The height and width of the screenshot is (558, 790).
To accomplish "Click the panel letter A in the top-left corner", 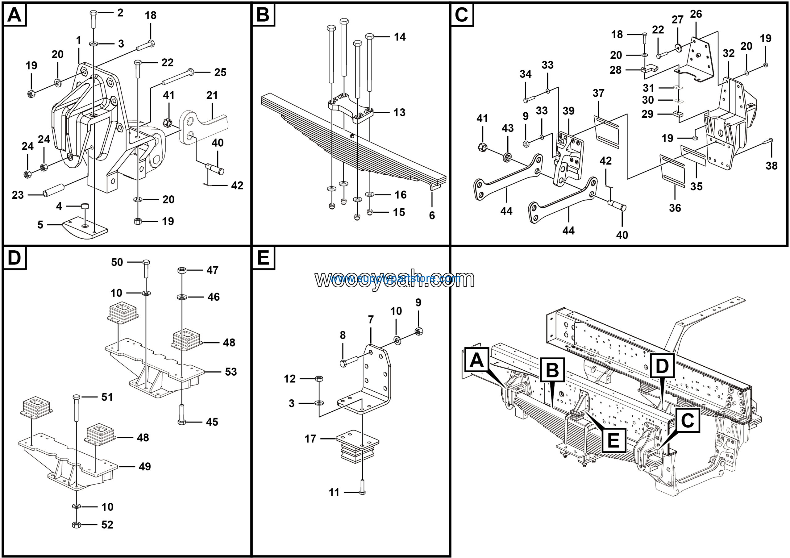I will (15, 15).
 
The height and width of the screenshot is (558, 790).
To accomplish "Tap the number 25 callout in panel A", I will (220, 73).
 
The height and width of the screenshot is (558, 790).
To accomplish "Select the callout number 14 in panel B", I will (400, 37).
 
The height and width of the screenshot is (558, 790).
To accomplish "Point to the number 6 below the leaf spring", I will (432, 215).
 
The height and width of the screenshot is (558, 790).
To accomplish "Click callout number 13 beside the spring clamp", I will (399, 112).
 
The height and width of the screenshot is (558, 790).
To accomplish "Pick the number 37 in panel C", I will (598, 93).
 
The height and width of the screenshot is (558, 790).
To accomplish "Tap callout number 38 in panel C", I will (772, 166).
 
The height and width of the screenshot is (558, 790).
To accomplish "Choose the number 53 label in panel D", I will (231, 372).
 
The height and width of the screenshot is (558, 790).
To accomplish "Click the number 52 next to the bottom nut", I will (107, 525).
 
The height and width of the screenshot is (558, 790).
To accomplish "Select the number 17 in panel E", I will (310, 439).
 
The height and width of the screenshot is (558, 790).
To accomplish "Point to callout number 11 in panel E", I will (334, 492).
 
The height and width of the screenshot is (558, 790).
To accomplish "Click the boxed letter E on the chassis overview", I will (613, 440).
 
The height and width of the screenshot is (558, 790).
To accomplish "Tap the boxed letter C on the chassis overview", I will (688, 420).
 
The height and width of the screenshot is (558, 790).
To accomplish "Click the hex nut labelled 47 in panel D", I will (182, 270).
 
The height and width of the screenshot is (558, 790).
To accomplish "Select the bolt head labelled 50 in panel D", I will (146, 262).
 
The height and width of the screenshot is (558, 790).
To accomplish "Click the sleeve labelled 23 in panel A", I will (54, 190).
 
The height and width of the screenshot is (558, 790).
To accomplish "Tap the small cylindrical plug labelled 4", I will (85, 206).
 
